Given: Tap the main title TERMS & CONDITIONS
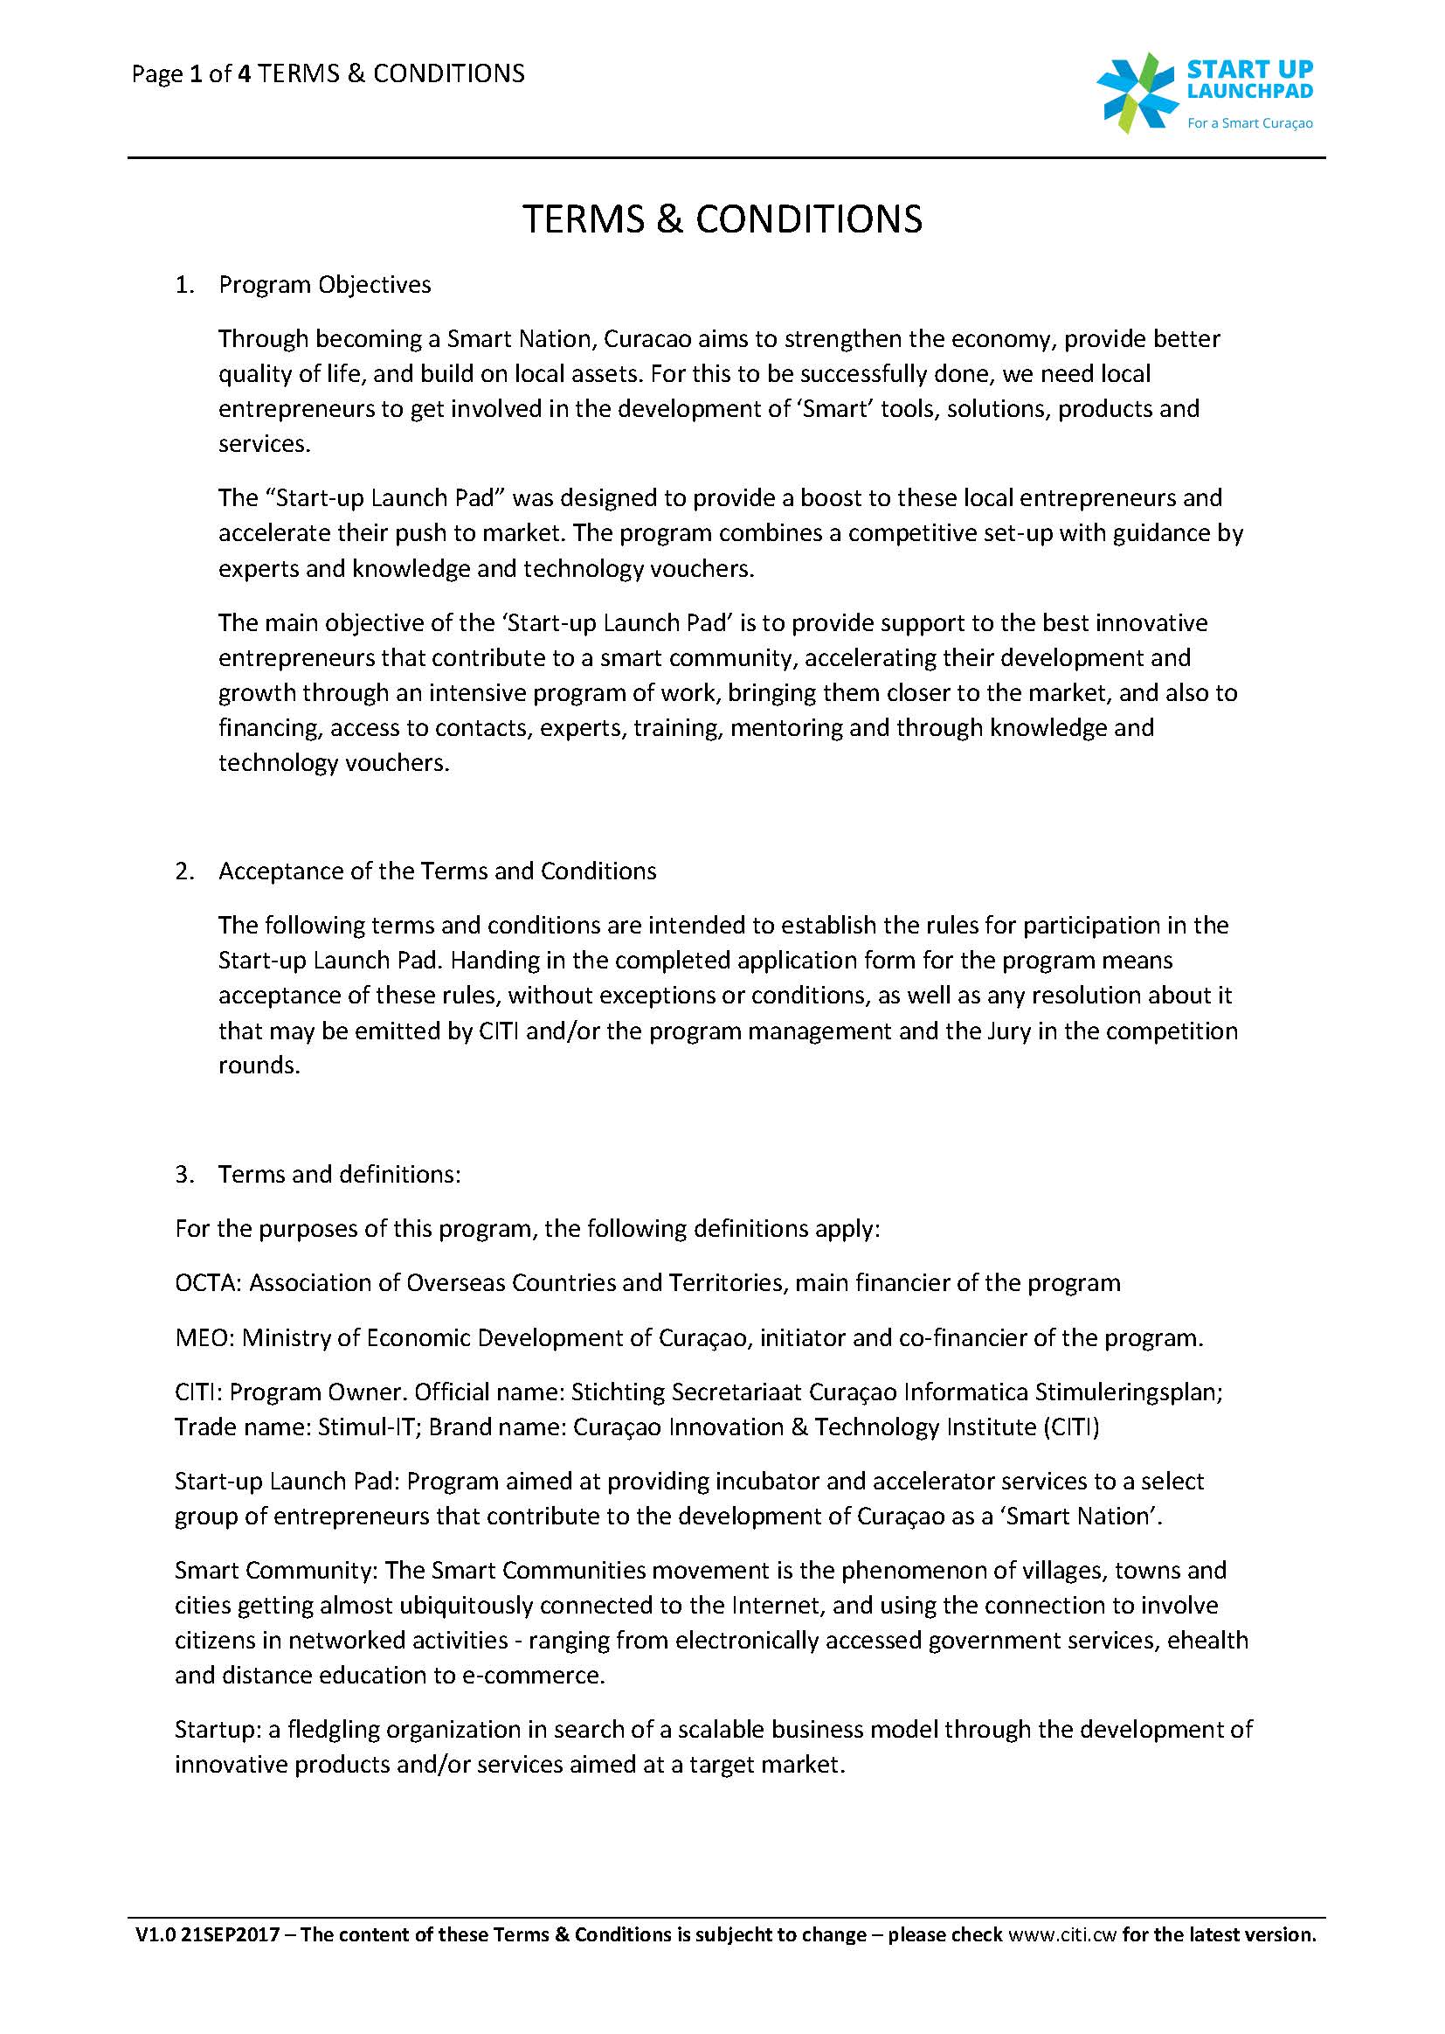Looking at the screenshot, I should [722, 220].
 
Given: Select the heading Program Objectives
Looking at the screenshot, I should [325, 285].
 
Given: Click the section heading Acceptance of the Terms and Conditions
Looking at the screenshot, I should [437, 871].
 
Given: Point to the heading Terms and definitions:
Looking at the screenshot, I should [339, 1174].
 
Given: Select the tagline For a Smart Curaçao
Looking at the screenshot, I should [1249, 124].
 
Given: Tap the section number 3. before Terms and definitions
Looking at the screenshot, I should [183, 1174].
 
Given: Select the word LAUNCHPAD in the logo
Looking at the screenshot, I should [1249, 91].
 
